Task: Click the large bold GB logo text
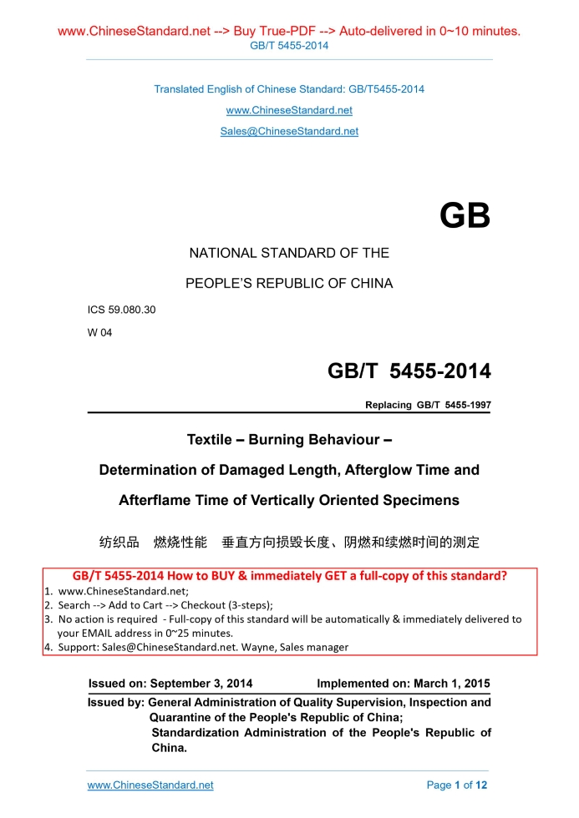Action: (x=465, y=216)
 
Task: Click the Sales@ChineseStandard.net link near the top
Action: (x=289, y=131)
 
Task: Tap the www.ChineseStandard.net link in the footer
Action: (x=150, y=785)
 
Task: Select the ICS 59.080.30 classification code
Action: (x=121, y=310)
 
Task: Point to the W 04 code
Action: (x=99, y=332)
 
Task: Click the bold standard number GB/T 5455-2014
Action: (x=409, y=371)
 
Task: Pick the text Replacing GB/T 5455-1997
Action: (x=428, y=406)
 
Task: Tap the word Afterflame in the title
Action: (x=155, y=500)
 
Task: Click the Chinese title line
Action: (x=289, y=543)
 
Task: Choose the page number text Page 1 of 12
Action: (x=457, y=785)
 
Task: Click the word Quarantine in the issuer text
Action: (x=183, y=717)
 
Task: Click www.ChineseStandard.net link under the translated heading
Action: (x=289, y=110)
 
